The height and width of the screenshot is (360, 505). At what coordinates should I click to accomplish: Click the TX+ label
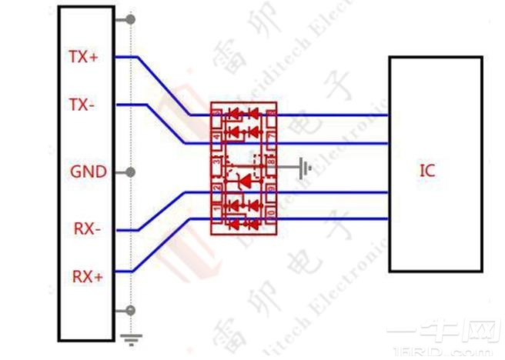coord(84,56)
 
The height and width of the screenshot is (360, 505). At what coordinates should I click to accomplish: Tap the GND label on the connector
coord(89,172)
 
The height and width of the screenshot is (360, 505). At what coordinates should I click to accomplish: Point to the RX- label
coord(86,228)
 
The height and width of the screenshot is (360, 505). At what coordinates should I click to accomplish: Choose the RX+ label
coord(88,275)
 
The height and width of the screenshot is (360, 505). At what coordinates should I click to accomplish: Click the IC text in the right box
coord(427,171)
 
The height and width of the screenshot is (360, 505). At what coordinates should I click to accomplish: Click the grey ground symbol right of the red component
coord(306,166)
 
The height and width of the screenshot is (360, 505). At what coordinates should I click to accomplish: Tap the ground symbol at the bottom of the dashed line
coord(132,337)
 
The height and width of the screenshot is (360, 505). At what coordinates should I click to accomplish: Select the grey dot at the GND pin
coord(132,172)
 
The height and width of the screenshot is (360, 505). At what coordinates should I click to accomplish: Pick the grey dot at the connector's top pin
coord(132,18)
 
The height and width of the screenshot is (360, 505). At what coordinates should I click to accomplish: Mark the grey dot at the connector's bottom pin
coord(132,310)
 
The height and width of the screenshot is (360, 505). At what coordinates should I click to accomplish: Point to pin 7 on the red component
coord(271,135)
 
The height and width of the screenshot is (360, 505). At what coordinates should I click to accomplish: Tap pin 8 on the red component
coord(271,162)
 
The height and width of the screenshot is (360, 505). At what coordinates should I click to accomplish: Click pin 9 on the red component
coord(271,187)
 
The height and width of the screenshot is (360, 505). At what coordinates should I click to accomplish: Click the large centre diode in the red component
coord(244,182)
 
